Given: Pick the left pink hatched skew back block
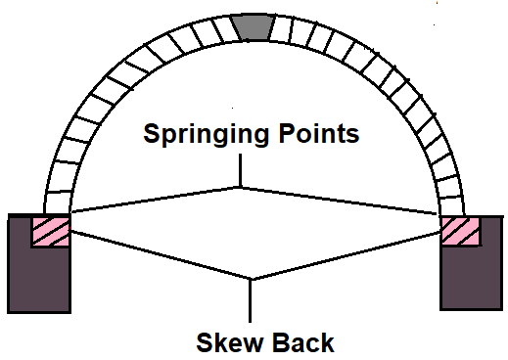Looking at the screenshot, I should [x=50, y=233].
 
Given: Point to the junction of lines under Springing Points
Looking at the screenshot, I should [x=240, y=186].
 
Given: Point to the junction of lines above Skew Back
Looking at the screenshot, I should [x=253, y=280].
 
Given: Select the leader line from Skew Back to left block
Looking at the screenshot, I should [x=157, y=254].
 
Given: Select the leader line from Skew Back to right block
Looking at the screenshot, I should [x=347, y=256].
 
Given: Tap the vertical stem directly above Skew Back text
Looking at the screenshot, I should [x=253, y=301].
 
